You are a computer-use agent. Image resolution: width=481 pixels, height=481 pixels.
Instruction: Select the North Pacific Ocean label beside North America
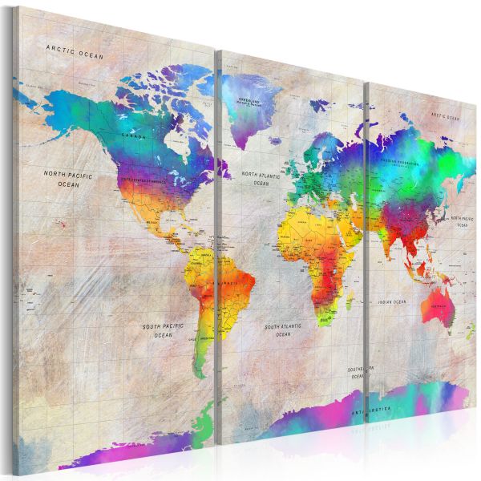click(69, 178)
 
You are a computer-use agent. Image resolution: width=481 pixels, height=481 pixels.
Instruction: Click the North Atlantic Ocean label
click(261, 178)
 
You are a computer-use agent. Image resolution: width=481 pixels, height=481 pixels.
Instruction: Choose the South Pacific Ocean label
click(163, 331)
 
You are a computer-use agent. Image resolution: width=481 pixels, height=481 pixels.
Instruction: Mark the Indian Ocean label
click(393, 302)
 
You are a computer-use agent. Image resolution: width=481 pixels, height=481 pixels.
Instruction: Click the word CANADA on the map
click(133, 137)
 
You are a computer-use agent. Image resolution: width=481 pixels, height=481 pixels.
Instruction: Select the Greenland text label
click(251, 102)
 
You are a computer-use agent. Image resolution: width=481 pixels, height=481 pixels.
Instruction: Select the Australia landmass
click(436, 301)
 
